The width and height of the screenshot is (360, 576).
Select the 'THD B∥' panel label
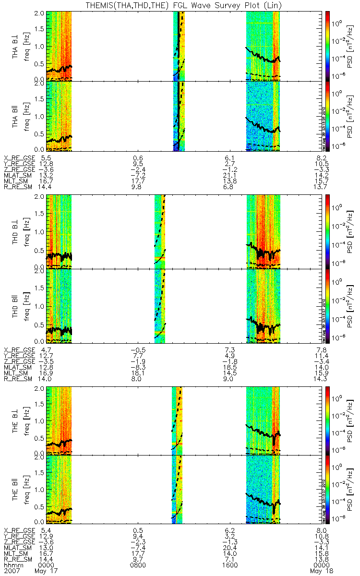[x=15, y=307]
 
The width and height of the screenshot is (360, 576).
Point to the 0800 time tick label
[x=138, y=565]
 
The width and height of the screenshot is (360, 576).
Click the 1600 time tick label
[x=230, y=565]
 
